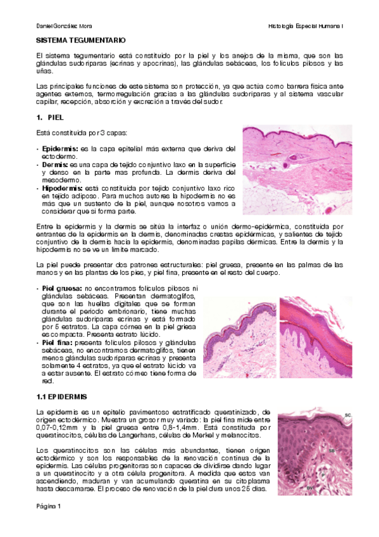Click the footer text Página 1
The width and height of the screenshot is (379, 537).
tap(48, 507)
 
